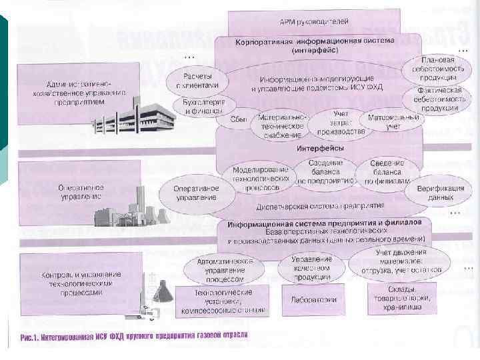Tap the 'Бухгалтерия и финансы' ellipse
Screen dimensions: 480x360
[x=199, y=104]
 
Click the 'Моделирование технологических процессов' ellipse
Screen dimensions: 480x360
[x=260, y=175]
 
